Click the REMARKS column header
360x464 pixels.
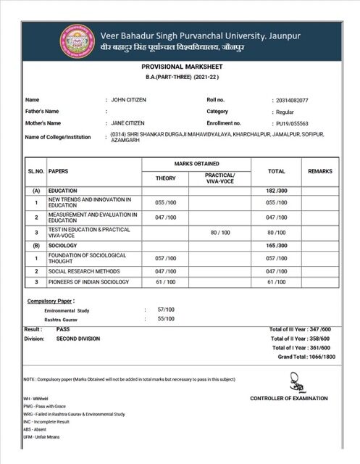(x=320, y=171)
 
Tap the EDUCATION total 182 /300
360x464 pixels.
(x=277, y=190)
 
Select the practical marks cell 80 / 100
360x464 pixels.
(x=219, y=232)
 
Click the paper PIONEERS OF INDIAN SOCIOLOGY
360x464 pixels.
(x=88, y=281)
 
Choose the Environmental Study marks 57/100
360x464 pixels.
(x=167, y=310)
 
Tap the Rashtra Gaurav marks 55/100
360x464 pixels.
(x=167, y=319)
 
